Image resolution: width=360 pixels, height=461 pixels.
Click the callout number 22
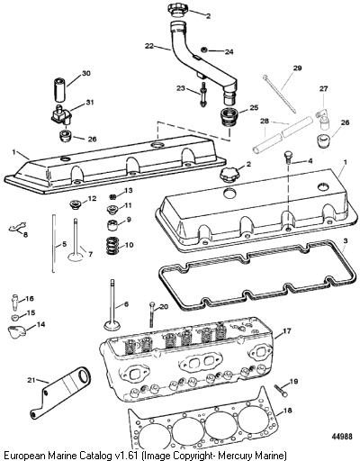click(x=149, y=46)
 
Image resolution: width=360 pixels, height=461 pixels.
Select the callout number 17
click(x=287, y=331)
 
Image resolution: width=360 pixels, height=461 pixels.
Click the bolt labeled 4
click(x=287, y=158)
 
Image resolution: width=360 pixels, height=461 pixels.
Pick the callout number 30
click(x=86, y=73)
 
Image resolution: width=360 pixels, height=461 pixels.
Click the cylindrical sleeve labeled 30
click(x=60, y=89)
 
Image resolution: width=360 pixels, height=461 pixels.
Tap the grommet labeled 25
click(x=229, y=118)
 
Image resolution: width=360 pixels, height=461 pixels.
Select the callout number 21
click(x=31, y=380)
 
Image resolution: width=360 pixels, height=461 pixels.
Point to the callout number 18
click(x=287, y=411)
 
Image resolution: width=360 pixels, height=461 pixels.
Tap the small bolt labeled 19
click(x=281, y=391)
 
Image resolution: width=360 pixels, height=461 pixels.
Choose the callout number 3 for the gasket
click(x=346, y=241)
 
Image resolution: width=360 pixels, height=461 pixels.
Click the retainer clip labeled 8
click(x=17, y=227)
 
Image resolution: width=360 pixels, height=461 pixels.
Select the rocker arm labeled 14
click(x=15, y=332)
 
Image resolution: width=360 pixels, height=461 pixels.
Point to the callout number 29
click(x=297, y=68)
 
